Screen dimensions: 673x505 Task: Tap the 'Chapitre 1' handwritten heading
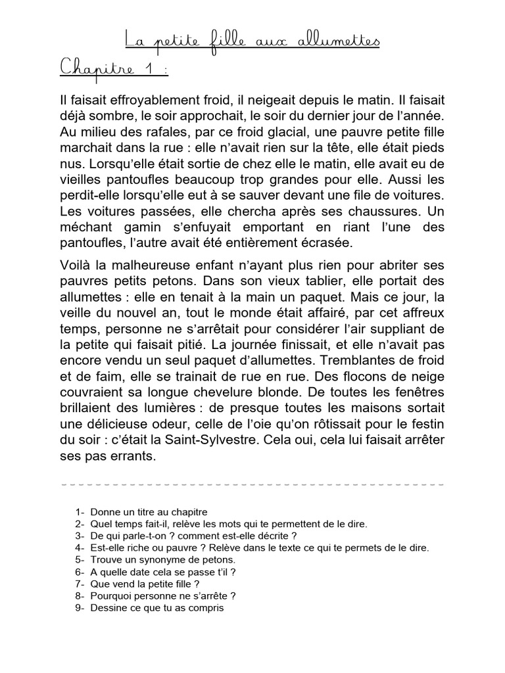pos(114,70)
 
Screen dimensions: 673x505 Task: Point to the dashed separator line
pos(252,485)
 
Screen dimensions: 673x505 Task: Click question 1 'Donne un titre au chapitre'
pos(149,512)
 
